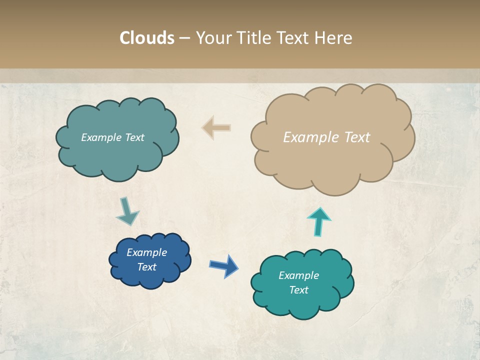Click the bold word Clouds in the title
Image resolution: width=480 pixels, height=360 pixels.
[x=146, y=38]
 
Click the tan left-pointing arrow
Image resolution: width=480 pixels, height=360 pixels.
[x=216, y=128]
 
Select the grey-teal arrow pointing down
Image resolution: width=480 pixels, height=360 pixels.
[x=127, y=211]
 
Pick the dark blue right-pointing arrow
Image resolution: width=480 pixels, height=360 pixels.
[x=223, y=265]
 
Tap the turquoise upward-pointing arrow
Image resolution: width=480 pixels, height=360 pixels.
[x=319, y=221]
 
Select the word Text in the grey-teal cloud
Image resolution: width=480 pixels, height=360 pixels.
[x=134, y=137]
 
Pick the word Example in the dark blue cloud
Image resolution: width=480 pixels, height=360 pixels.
[x=147, y=252]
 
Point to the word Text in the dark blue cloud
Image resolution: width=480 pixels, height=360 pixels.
[x=147, y=267]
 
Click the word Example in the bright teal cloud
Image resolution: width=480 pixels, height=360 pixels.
[x=298, y=275]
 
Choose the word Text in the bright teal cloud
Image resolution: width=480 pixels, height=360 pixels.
[x=298, y=290]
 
